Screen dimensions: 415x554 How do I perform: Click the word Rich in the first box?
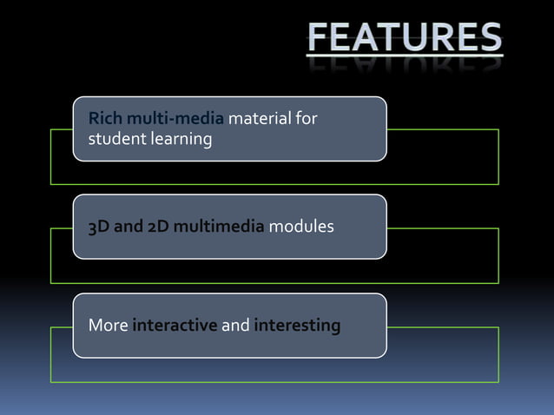(103, 118)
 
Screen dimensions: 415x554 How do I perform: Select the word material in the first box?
(260, 118)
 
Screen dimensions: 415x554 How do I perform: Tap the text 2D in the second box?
(157, 227)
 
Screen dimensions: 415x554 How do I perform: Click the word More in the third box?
(108, 326)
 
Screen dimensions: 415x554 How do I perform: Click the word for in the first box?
(306, 118)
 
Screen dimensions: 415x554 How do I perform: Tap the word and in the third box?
(236, 326)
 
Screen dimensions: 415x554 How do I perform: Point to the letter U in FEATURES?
(420, 37)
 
